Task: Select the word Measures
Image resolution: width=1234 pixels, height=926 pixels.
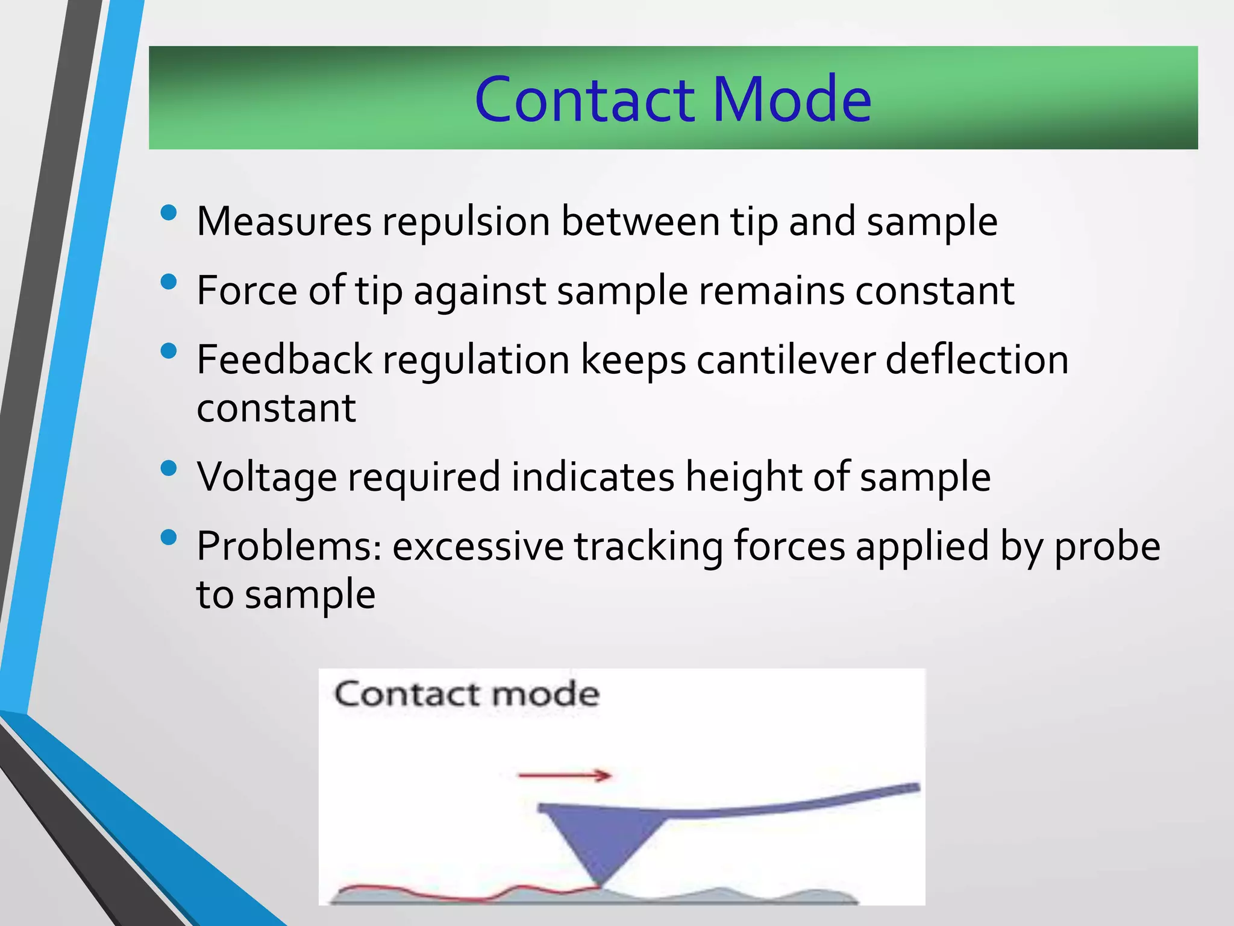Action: coord(284,222)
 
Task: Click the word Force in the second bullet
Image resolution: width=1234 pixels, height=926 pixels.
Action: coord(247,291)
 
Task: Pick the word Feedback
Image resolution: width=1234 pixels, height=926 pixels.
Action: coord(284,360)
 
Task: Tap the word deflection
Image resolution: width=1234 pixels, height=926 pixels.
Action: coord(977,360)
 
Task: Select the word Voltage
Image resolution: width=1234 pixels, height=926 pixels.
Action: coord(267,477)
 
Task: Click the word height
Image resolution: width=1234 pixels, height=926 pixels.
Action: coord(744,477)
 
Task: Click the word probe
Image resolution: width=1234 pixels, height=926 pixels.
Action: coord(1107,547)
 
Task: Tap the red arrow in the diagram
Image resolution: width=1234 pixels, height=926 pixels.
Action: coord(565,775)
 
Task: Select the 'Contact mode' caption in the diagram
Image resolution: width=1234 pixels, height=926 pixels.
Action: coord(467,694)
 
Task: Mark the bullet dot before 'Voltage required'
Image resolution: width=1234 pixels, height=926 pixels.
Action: coord(169,468)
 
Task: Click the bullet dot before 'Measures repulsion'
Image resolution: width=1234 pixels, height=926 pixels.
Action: coord(169,212)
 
